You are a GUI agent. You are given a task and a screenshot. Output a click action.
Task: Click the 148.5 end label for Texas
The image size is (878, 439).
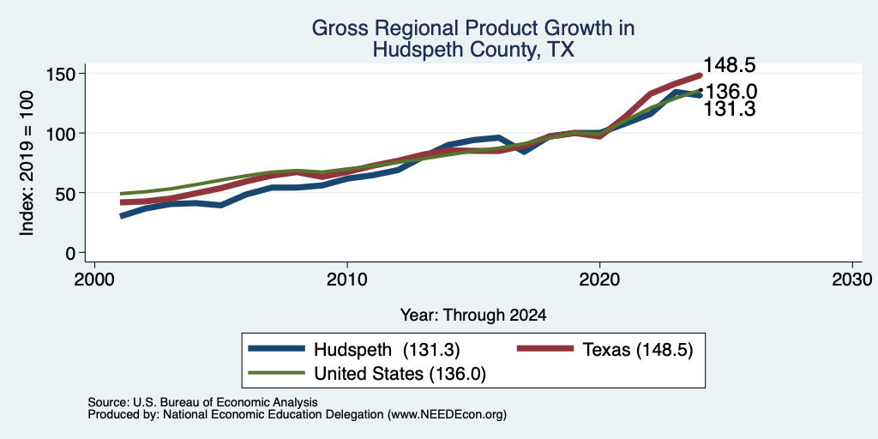coord(729,65)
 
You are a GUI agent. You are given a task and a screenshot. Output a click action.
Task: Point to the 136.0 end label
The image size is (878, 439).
coord(731,91)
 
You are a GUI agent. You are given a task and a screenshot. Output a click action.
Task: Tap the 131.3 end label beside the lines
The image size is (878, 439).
coord(729,109)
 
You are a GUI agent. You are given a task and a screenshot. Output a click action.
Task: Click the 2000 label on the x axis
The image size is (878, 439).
coord(94,279)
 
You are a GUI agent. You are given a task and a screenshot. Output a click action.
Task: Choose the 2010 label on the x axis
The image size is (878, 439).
coord(347,279)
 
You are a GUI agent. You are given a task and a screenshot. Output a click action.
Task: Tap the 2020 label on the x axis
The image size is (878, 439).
coord(599,279)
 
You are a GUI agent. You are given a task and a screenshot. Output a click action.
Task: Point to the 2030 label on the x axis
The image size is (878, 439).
coord(851,279)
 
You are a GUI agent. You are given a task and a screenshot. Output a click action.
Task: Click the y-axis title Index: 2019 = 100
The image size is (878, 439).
coord(27,163)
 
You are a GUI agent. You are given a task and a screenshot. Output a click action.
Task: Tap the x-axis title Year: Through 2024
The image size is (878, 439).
coord(473,316)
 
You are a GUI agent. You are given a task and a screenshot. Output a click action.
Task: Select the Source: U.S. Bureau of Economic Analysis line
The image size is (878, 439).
coord(202,402)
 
